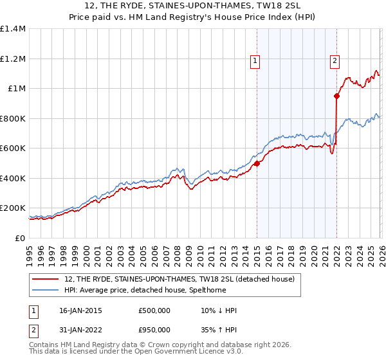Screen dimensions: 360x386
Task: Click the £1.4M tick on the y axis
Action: coord(13,29)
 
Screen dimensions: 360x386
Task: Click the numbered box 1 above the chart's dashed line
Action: coord(255,61)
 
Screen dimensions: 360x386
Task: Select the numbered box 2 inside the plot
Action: coord(335,61)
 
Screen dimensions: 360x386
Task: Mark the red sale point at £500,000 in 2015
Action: coord(257,163)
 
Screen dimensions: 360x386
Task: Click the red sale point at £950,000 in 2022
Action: coord(336,96)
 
